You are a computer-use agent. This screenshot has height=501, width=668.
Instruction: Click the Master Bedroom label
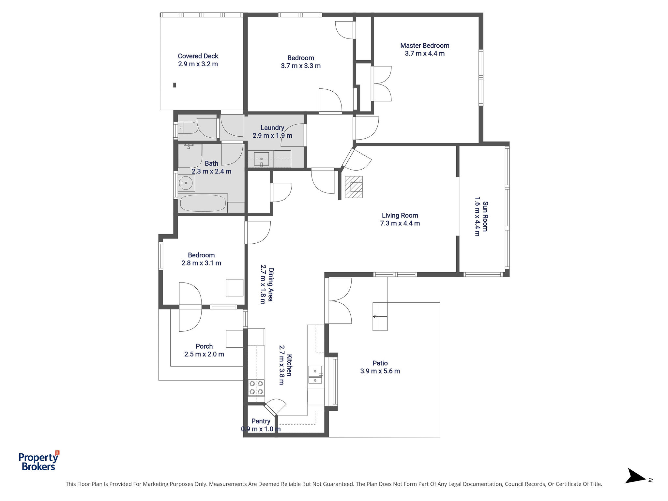(425, 46)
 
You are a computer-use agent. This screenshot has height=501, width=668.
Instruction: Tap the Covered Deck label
(198, 56)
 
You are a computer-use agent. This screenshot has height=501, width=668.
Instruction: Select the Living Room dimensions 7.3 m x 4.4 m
(400, 223)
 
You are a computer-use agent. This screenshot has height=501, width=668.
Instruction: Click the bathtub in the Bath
(203, 203)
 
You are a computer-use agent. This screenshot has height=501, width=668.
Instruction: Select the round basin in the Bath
(186, 183)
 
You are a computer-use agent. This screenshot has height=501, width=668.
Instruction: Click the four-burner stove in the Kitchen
(256, 387)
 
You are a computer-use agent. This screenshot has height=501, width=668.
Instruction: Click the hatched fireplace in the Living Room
(354, 187)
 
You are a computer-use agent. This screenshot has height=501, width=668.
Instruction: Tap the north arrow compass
(636, 480)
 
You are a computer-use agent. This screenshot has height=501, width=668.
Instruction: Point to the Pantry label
(261, 421)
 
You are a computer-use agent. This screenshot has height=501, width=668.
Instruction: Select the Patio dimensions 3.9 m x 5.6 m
(380, 371)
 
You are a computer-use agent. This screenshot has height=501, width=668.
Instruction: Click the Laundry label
(272, 128)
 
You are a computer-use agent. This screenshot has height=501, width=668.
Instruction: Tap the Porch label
(204, 346)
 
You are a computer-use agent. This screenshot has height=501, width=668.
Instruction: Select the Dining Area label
(271, 284)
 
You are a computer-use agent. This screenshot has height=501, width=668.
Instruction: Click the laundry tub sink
(261, 159)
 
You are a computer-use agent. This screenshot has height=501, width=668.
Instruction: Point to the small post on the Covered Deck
(175, 85)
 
